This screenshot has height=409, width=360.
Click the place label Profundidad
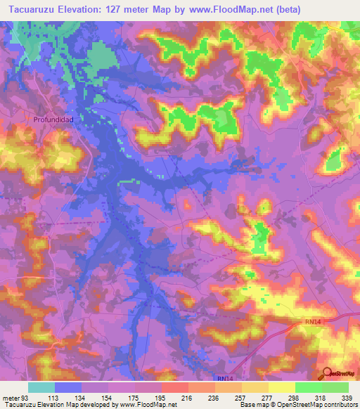click(x=53, y=119)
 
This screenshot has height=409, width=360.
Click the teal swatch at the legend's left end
click(x=41, y=387)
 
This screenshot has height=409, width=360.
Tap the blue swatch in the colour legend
click(x=68, y=387)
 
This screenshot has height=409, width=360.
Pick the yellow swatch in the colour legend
click(x=281, y=387)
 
